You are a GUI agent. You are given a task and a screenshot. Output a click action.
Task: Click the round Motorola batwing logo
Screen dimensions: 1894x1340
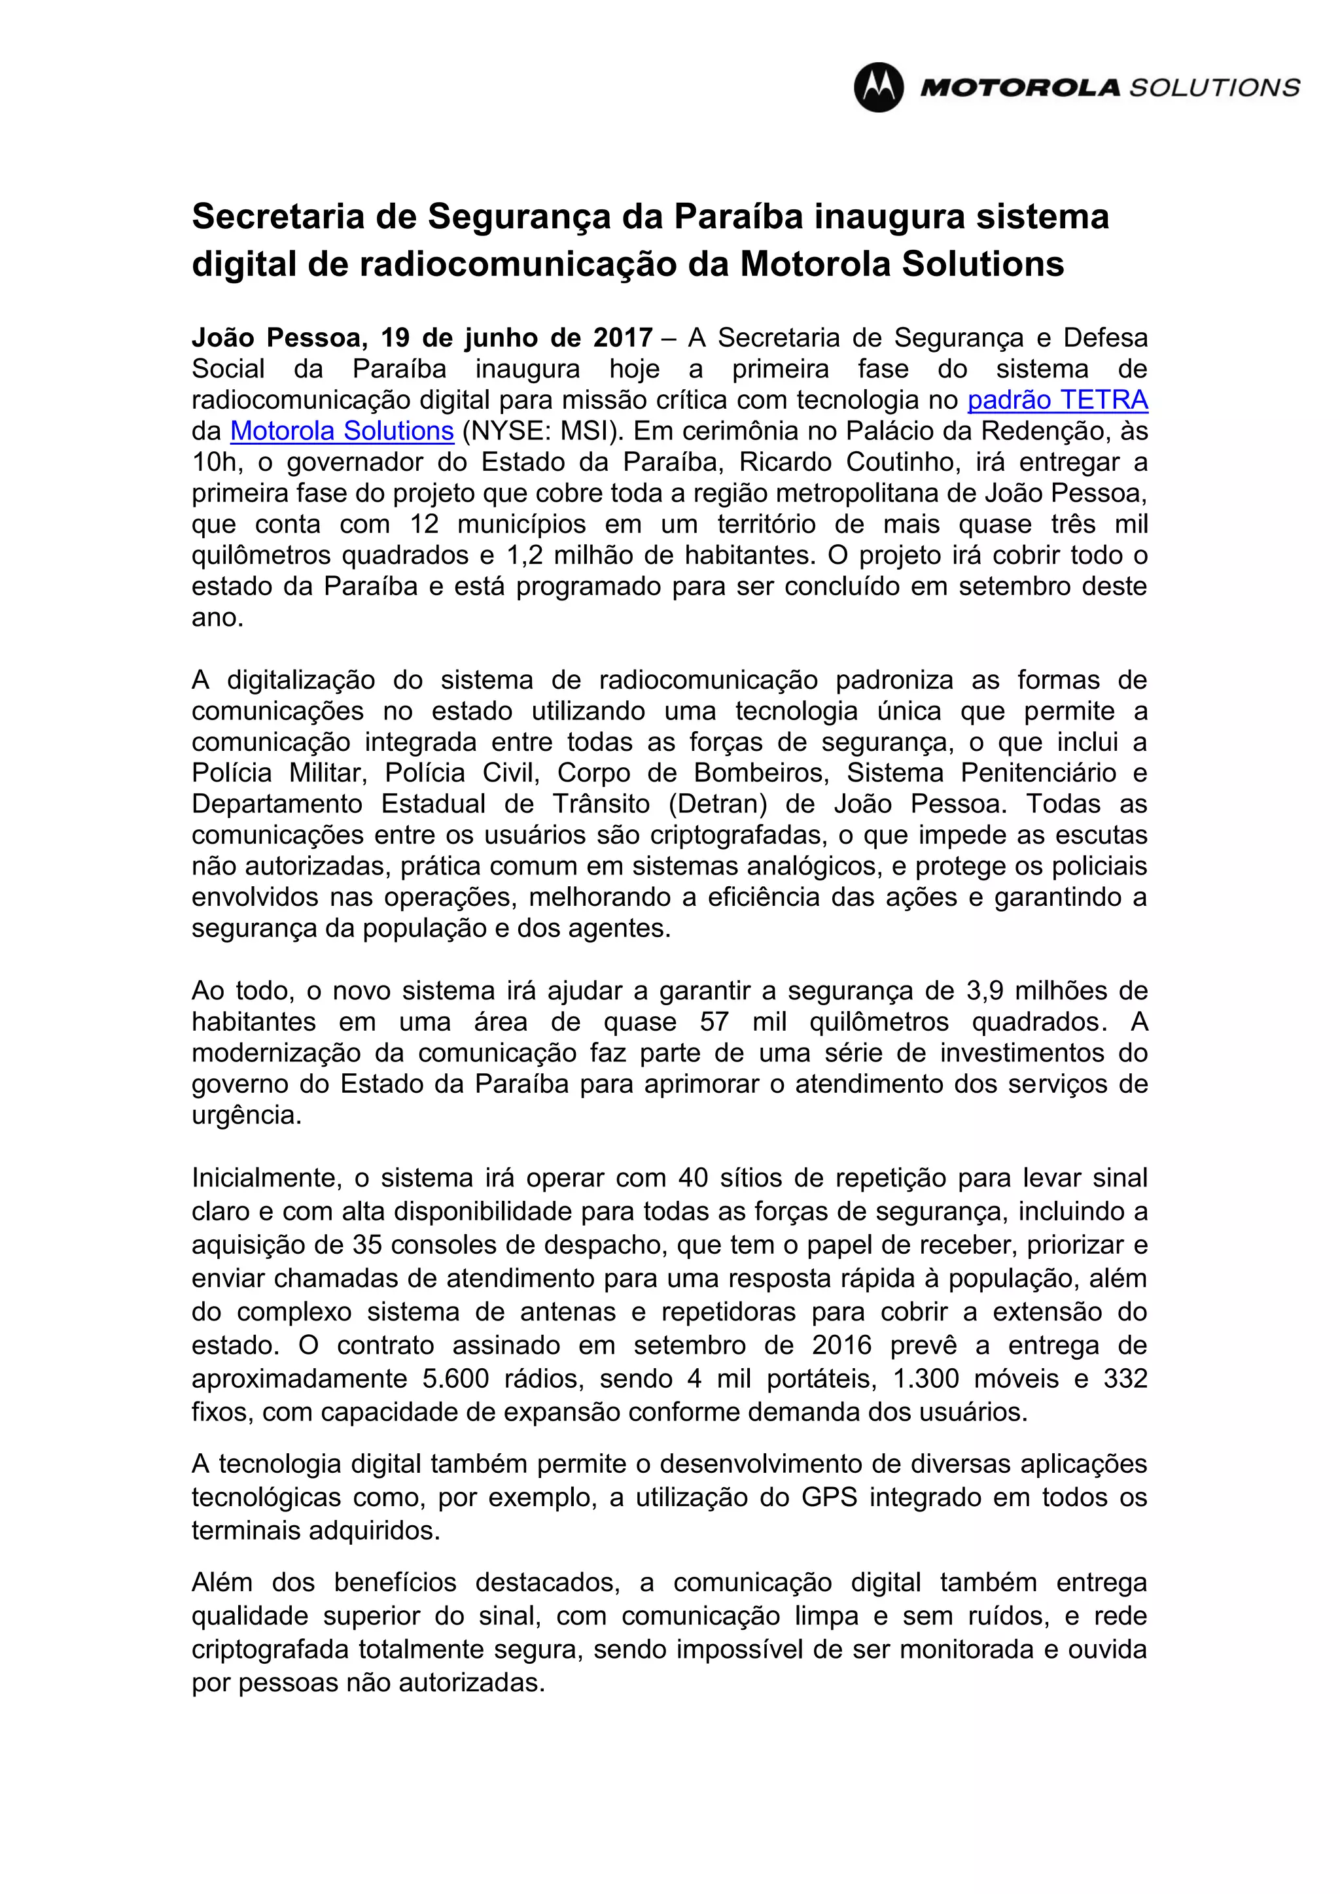point(878,88)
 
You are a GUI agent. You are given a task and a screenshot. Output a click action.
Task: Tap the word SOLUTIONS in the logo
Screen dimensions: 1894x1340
point(1214,88)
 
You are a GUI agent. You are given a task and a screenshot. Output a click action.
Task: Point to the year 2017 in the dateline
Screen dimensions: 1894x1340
point(623,338)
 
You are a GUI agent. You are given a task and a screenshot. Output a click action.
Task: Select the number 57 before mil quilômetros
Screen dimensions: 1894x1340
point(714,1022)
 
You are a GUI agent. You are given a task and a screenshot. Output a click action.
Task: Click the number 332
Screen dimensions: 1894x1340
point(1125,1379)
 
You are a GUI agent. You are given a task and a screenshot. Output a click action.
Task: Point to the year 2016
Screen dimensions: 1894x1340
point(841,1345)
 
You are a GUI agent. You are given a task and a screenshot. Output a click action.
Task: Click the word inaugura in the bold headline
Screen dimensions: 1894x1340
point(889,217)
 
